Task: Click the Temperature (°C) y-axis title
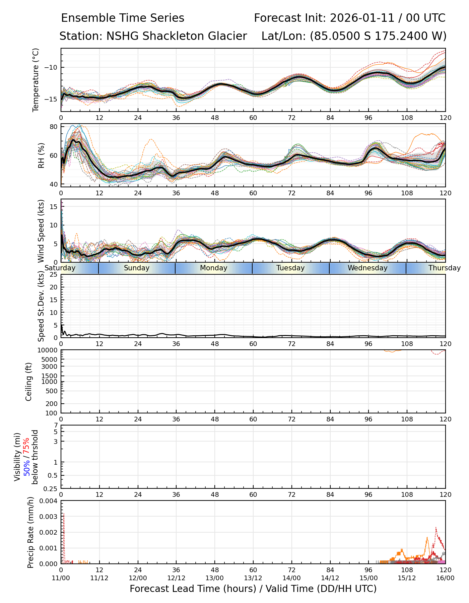pyautogui.click(x=36, y=80)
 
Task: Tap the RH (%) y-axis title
pyautogui.click(x=41, y=155)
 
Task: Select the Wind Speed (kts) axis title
pyautogui.click(x=41, y=231)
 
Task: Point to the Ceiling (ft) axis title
pyautogui.click(x=29, y=382)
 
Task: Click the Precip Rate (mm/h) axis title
pyautogui.click(x=31, y=532)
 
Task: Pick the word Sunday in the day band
pyautogui.click(x=137, y=268)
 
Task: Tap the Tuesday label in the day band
pyautogui.click(x=290, y=268)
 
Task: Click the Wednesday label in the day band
pyautogui.click(x=367, y=268)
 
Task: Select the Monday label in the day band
pyautogui.click(x=214, y=268)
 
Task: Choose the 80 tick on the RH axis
pyautogui.click(x=54, y=127)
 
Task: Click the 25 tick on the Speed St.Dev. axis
pyautogui.click(x=54, y=275)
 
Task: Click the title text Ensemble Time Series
pyautogui.click(x=123, y=18)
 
